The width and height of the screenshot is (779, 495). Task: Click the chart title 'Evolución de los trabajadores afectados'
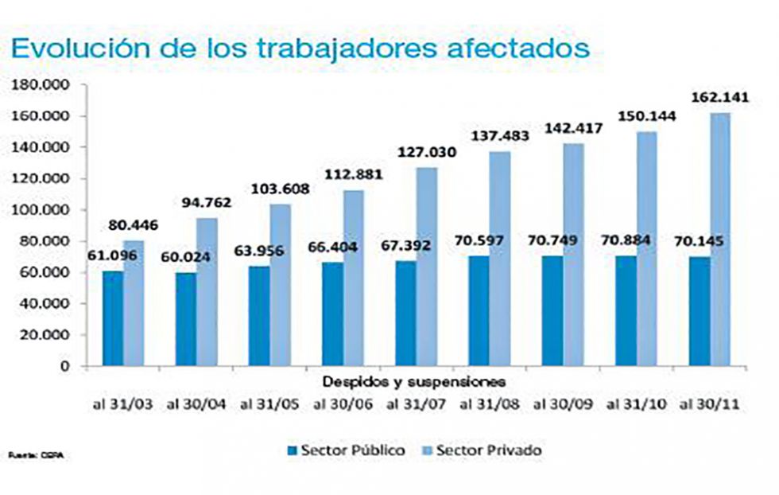pyautogui.click(x=300, y=46)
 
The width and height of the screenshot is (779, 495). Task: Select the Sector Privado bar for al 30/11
pyautogui.click(x=720, y=240)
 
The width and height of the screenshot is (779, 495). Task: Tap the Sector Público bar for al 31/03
pyautogui.click(x=113, y=318)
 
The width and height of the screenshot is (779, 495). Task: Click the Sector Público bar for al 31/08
pyautogui.click(x=479, y=310)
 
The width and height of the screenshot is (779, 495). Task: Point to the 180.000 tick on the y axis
pyautogui.click(x=41, y=84)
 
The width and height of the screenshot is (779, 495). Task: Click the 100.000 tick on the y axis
pyautogui.click(x=41, y=210)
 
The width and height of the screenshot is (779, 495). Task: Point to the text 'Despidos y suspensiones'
pyautogui.click(x=413, y=381)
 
